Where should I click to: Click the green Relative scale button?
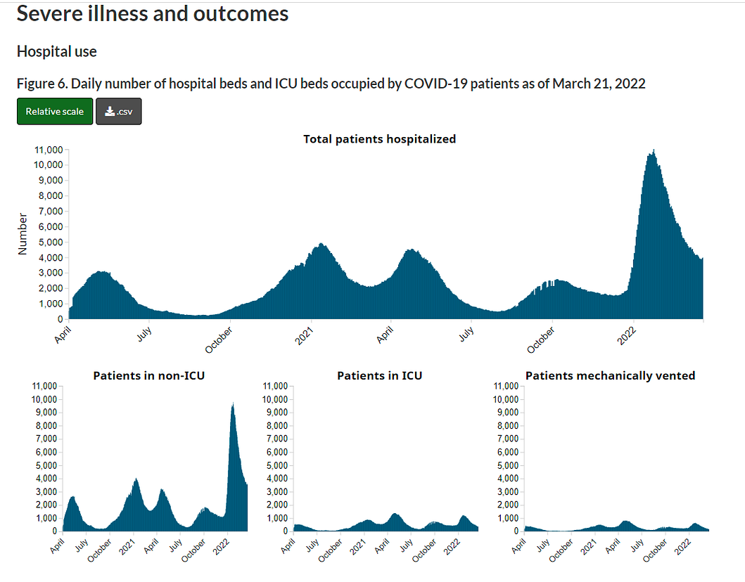(x=54, y=112)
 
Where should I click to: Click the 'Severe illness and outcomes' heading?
(x=152, y=13)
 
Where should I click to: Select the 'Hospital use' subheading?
(x=56, y=52)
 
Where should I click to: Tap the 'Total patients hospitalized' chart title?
(x=379, y=139)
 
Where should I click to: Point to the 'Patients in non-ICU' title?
(x=149, y=376)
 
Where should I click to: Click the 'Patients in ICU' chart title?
(x=379, y=376)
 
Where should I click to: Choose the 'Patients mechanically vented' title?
(x=610, y=376)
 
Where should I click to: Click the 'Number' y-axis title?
(x=23, y=233)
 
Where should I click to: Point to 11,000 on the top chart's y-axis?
(x=49, y=150)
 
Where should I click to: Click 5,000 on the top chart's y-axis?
(x=51, y=242)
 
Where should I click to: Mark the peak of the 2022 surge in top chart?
(x=654, y=151)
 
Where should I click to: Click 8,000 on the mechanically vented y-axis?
(x=507, y=426)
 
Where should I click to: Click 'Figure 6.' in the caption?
(x=42, y=84)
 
